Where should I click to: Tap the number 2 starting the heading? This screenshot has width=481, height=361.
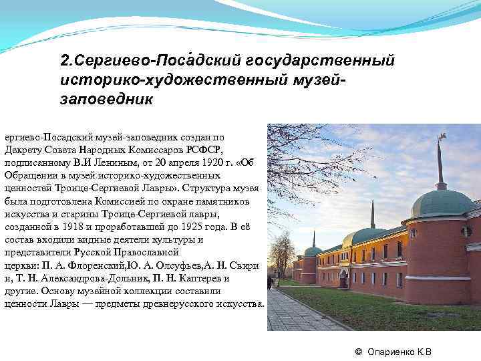(x=64, y=61)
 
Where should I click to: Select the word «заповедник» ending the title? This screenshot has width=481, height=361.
(x=106, y=100)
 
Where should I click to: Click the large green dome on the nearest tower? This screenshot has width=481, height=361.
(x=442, y=203)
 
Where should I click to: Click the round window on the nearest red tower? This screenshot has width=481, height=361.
(x=466, y=232)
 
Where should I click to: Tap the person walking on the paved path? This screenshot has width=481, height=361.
(x=270, y=282)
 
